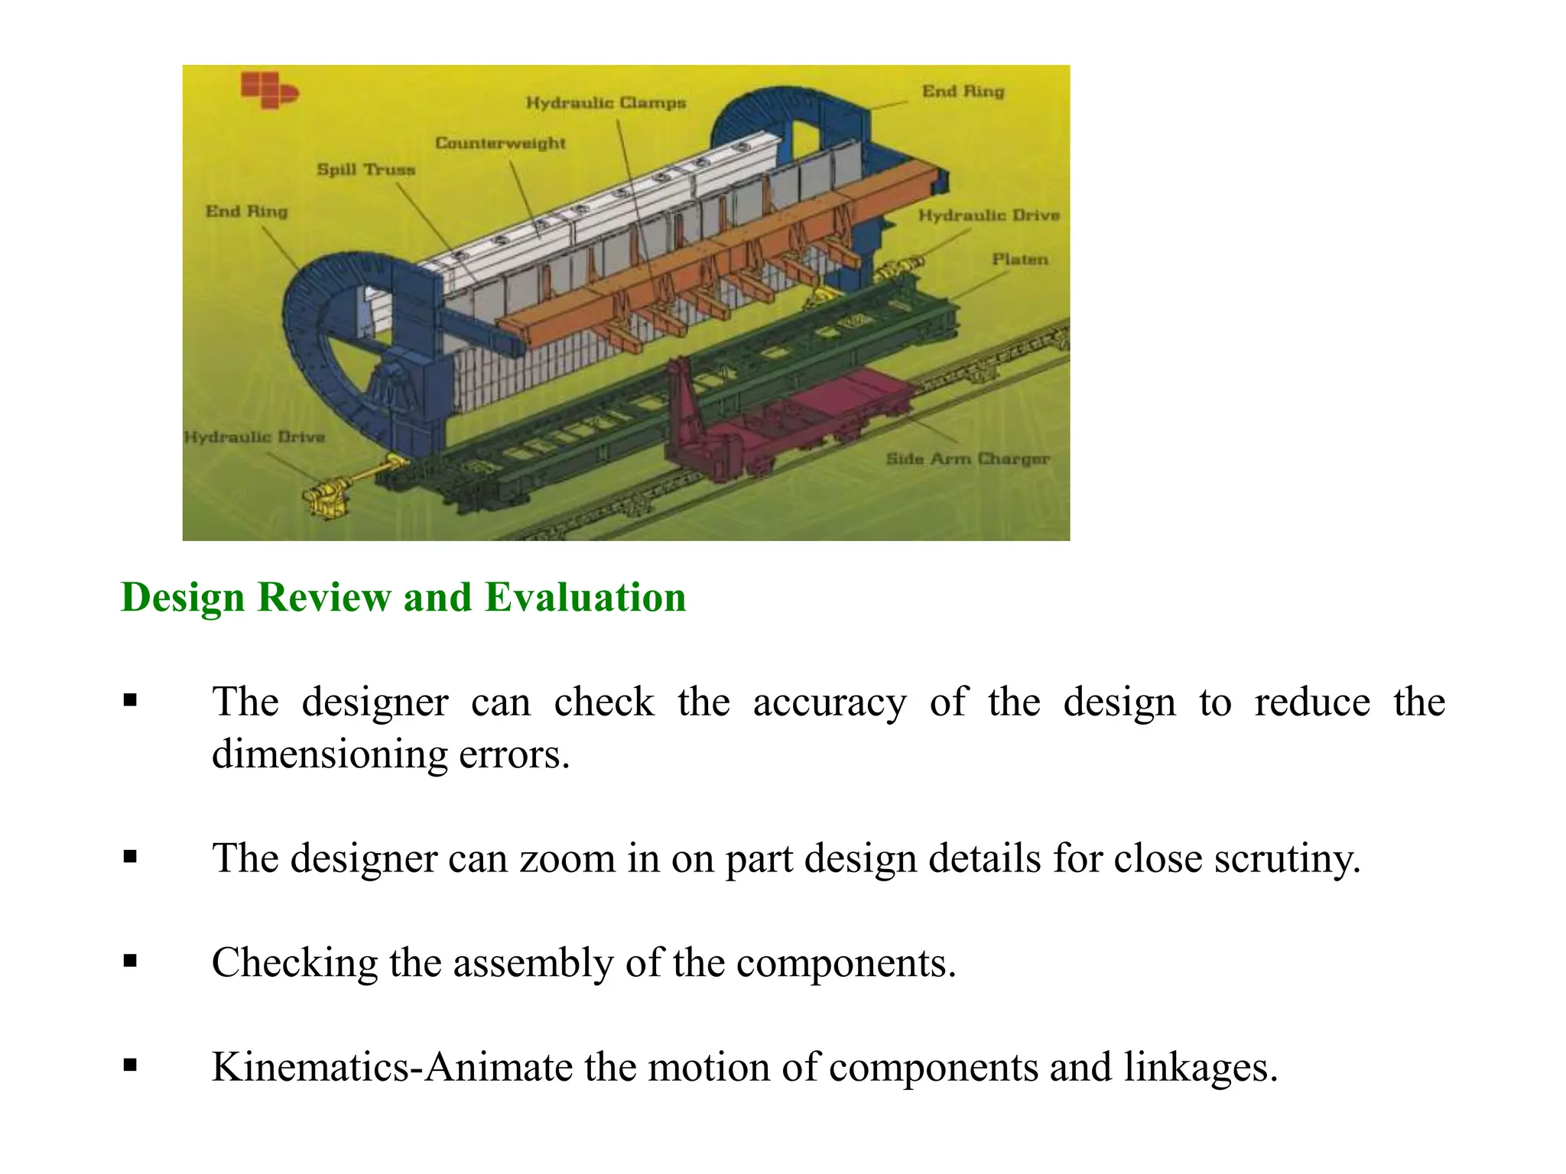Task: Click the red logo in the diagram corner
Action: click(268, 89)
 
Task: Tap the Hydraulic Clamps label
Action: click(606, 102)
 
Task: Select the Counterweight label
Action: click(500, 143)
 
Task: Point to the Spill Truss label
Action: click(366, 170)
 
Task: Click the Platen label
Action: click(1019, 259)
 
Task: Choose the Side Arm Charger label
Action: click(967, 459)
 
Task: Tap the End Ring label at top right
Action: click(963, 91)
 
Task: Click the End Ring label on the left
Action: click(246, 211)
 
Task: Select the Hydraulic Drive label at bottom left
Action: click(255, 437)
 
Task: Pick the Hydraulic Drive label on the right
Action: click(989, 216)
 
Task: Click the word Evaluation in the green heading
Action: click(585, 597)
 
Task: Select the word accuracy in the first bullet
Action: click(829, 702)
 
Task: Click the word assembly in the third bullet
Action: click(533, 962)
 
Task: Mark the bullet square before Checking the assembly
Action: click(130, 961)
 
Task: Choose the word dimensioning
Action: click(328, 754)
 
